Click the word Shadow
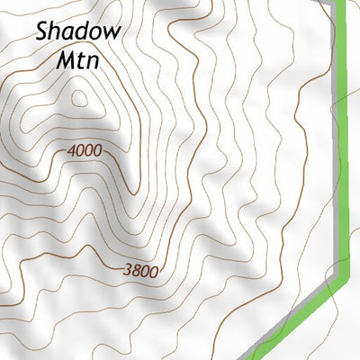coord(78,31)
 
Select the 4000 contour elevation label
coord(84,150)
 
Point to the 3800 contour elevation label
coord(140,269)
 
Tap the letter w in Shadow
coord(111,33)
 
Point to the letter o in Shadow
coord(95,33)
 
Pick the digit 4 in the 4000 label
coord(71,150)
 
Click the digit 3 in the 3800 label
coord(128,268)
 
